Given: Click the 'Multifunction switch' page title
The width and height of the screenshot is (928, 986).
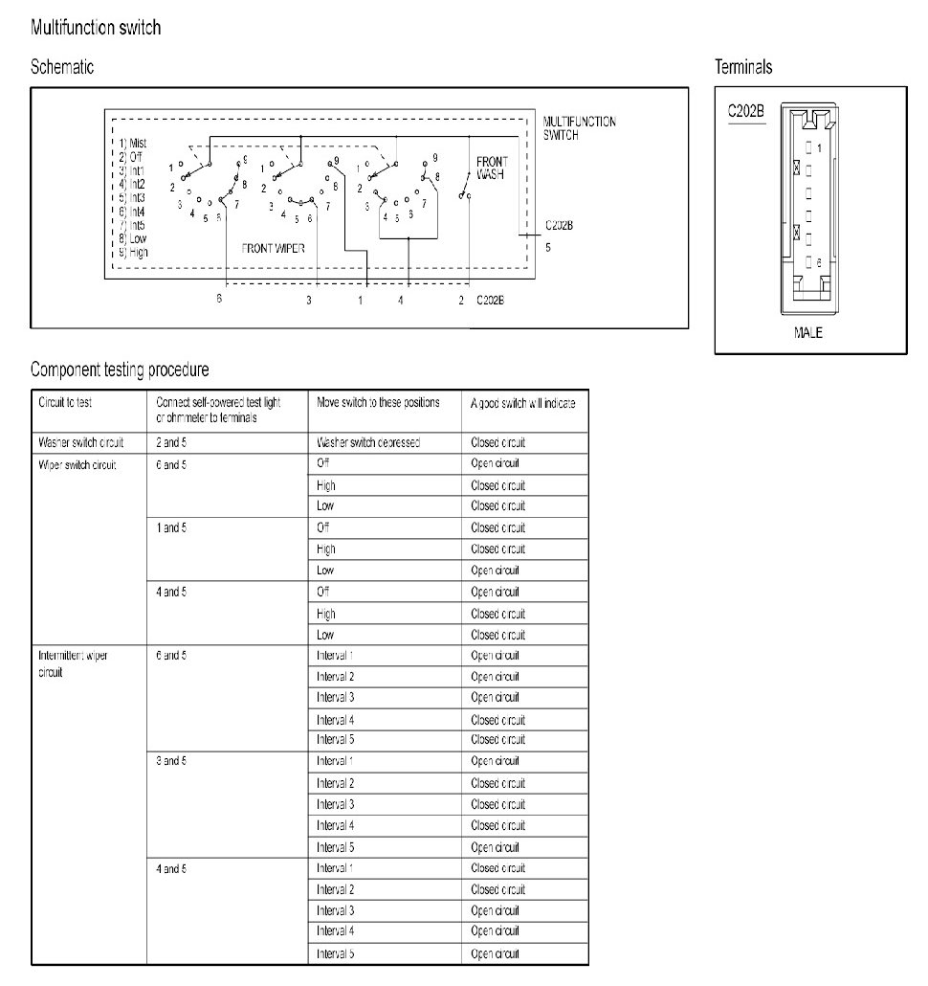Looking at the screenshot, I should (x=96, y=28).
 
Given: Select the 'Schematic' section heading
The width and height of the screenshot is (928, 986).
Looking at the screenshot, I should (x=62, y=67).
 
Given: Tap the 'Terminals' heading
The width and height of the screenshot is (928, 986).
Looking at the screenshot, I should (x=743, y=67).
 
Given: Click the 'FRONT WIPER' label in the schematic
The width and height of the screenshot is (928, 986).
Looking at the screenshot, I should (x=274, y=248).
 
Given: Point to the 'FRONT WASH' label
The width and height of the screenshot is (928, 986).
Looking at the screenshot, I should (x=492, y=168).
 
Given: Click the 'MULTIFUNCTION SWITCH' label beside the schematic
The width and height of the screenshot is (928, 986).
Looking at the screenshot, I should (x=579, y=128).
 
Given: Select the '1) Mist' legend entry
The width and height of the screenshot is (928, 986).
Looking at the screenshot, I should (x=134, y=143).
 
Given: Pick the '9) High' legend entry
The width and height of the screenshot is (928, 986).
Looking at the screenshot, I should (x=134, y=252).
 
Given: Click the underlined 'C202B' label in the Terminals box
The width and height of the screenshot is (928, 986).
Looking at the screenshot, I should (x=745, y=111).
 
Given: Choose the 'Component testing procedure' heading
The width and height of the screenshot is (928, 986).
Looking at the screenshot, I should (x=120, y=370).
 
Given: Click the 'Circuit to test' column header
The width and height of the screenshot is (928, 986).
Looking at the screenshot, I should (x=65, y=403).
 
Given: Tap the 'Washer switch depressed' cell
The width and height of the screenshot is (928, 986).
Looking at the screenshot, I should (x=367, y=443).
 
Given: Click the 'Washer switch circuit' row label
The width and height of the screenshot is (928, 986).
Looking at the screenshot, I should (x=83, y=443).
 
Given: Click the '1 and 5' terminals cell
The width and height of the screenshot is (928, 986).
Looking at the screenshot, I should (x=170, y=527).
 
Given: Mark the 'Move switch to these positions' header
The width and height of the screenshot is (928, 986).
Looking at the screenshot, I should (x=378, y=403).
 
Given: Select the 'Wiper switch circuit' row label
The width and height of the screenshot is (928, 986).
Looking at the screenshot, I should (x=77, y=464).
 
